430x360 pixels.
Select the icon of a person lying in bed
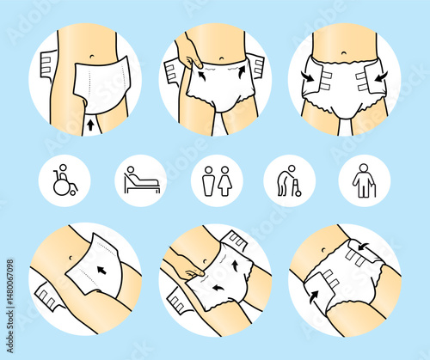[x=139, y=180]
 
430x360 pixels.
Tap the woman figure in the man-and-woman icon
[x=224, y=181]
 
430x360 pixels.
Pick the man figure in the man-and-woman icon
[x=206, y=181]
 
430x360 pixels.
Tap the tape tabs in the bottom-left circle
[x=49, y=300]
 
